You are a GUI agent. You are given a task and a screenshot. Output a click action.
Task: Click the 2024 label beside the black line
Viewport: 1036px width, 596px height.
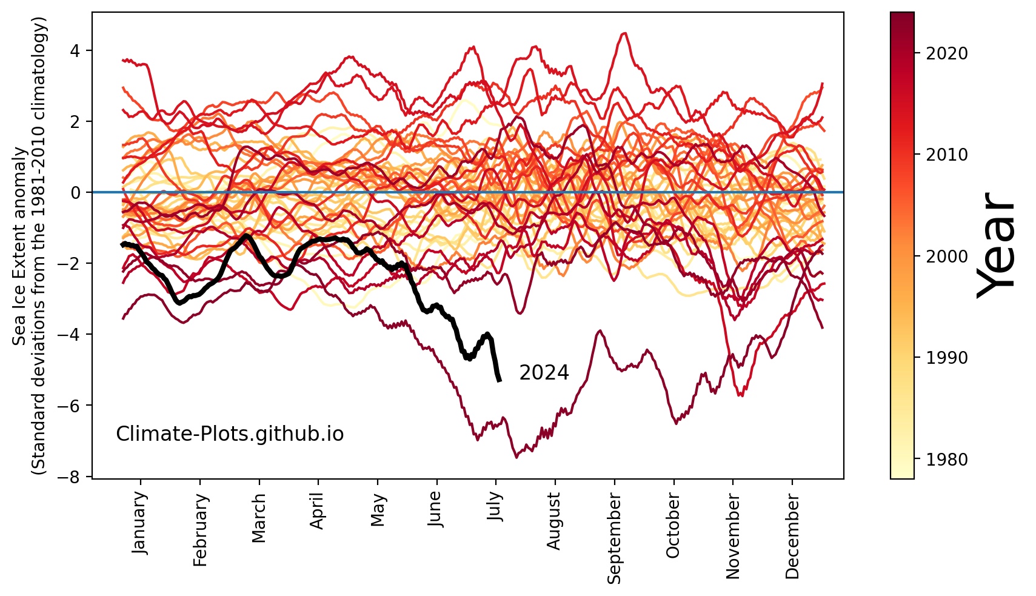[544, 373]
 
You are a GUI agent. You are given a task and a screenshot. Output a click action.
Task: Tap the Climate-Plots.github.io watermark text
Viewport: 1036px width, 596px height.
[230, 434]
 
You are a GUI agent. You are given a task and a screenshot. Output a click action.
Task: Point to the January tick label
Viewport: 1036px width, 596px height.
[139, 522]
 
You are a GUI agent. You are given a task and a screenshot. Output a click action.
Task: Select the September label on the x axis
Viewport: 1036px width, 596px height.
[614, 538]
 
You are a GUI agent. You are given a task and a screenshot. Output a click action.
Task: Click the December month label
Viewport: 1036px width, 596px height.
[792, 535]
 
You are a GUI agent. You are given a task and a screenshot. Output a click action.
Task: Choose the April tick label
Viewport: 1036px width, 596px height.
[318, 511]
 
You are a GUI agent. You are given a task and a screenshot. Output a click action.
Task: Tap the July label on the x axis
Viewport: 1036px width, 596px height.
[495, 506]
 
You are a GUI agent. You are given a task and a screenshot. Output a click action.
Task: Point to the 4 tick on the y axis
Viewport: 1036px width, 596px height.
[75, 50]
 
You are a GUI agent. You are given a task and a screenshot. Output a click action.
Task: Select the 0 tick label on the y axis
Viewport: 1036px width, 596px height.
[75, 192]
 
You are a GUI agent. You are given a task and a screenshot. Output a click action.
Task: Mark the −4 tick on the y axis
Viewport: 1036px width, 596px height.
[72, 334]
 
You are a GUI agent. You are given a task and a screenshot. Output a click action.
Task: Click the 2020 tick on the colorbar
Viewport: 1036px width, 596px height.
[947, 53]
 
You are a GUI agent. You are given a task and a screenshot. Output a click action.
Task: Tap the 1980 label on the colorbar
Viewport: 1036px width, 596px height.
[947, 460]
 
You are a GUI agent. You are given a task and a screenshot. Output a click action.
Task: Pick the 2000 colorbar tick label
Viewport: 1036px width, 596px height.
[947, 256]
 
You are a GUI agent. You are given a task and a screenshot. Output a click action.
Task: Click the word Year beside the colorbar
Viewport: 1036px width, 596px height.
[996, 245]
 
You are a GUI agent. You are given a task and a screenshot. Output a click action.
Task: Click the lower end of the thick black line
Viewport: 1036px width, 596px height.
[499, 380]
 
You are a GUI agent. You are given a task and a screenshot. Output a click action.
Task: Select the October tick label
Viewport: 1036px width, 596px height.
[673, 525]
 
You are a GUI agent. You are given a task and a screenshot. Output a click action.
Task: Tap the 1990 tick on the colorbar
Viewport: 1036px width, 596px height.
[947, 358]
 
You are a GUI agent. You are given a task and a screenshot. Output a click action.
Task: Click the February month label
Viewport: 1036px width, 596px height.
[200, 529]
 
